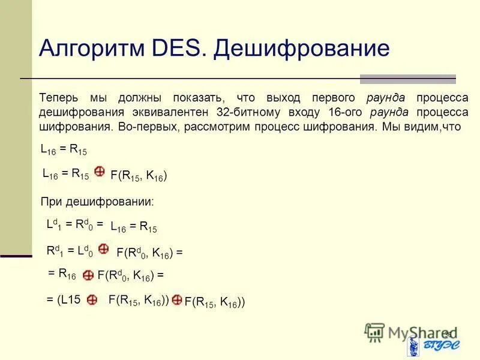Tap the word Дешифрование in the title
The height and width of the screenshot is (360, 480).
302,48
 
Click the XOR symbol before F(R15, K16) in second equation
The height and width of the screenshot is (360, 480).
100,172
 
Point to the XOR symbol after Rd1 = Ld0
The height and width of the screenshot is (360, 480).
103,248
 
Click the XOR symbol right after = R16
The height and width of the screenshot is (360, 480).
88,275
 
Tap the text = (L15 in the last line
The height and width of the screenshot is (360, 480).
64,299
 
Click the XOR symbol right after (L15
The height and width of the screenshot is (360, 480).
92,299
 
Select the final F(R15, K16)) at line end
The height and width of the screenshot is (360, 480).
214,302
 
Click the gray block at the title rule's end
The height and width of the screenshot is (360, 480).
407,79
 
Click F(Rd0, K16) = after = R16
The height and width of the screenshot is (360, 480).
130,276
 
